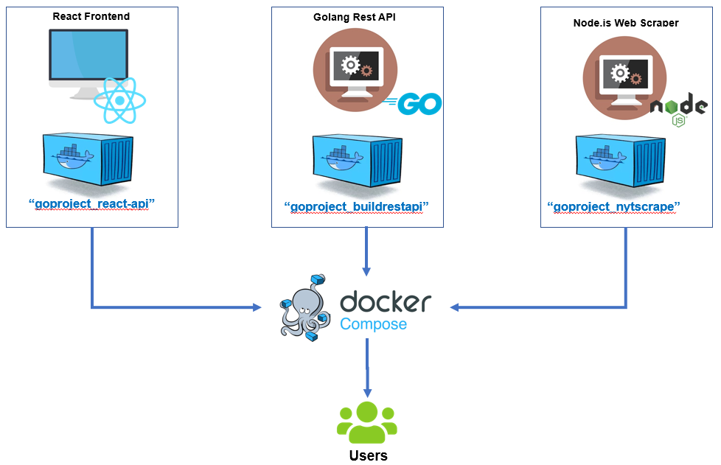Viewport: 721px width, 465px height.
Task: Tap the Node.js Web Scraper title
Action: [626, 23]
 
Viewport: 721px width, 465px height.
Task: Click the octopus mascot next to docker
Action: [303, 308]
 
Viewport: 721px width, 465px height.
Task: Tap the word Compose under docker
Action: [373, 324]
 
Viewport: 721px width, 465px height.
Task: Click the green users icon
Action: [367, 423]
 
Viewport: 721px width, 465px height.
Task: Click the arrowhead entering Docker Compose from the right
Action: [456, 307]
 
